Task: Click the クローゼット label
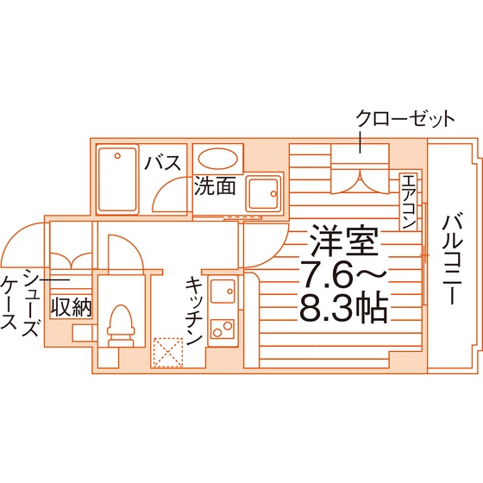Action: [405, 119]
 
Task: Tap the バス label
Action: [163, 163]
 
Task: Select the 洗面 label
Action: [215, 186]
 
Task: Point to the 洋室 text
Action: [345, 241]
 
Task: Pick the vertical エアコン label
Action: [409, 201]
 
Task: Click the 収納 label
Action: [71, 307]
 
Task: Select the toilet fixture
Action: [121, 326]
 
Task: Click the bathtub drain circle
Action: [117, 156]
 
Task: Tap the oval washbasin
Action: [217, 159]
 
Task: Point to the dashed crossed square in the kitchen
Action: [168, 353]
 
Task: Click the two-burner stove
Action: [223, 329]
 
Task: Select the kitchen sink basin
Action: [223, 292]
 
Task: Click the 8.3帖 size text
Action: [343, 308]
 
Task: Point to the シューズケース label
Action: [21, 302]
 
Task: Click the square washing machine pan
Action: [264, 193]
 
